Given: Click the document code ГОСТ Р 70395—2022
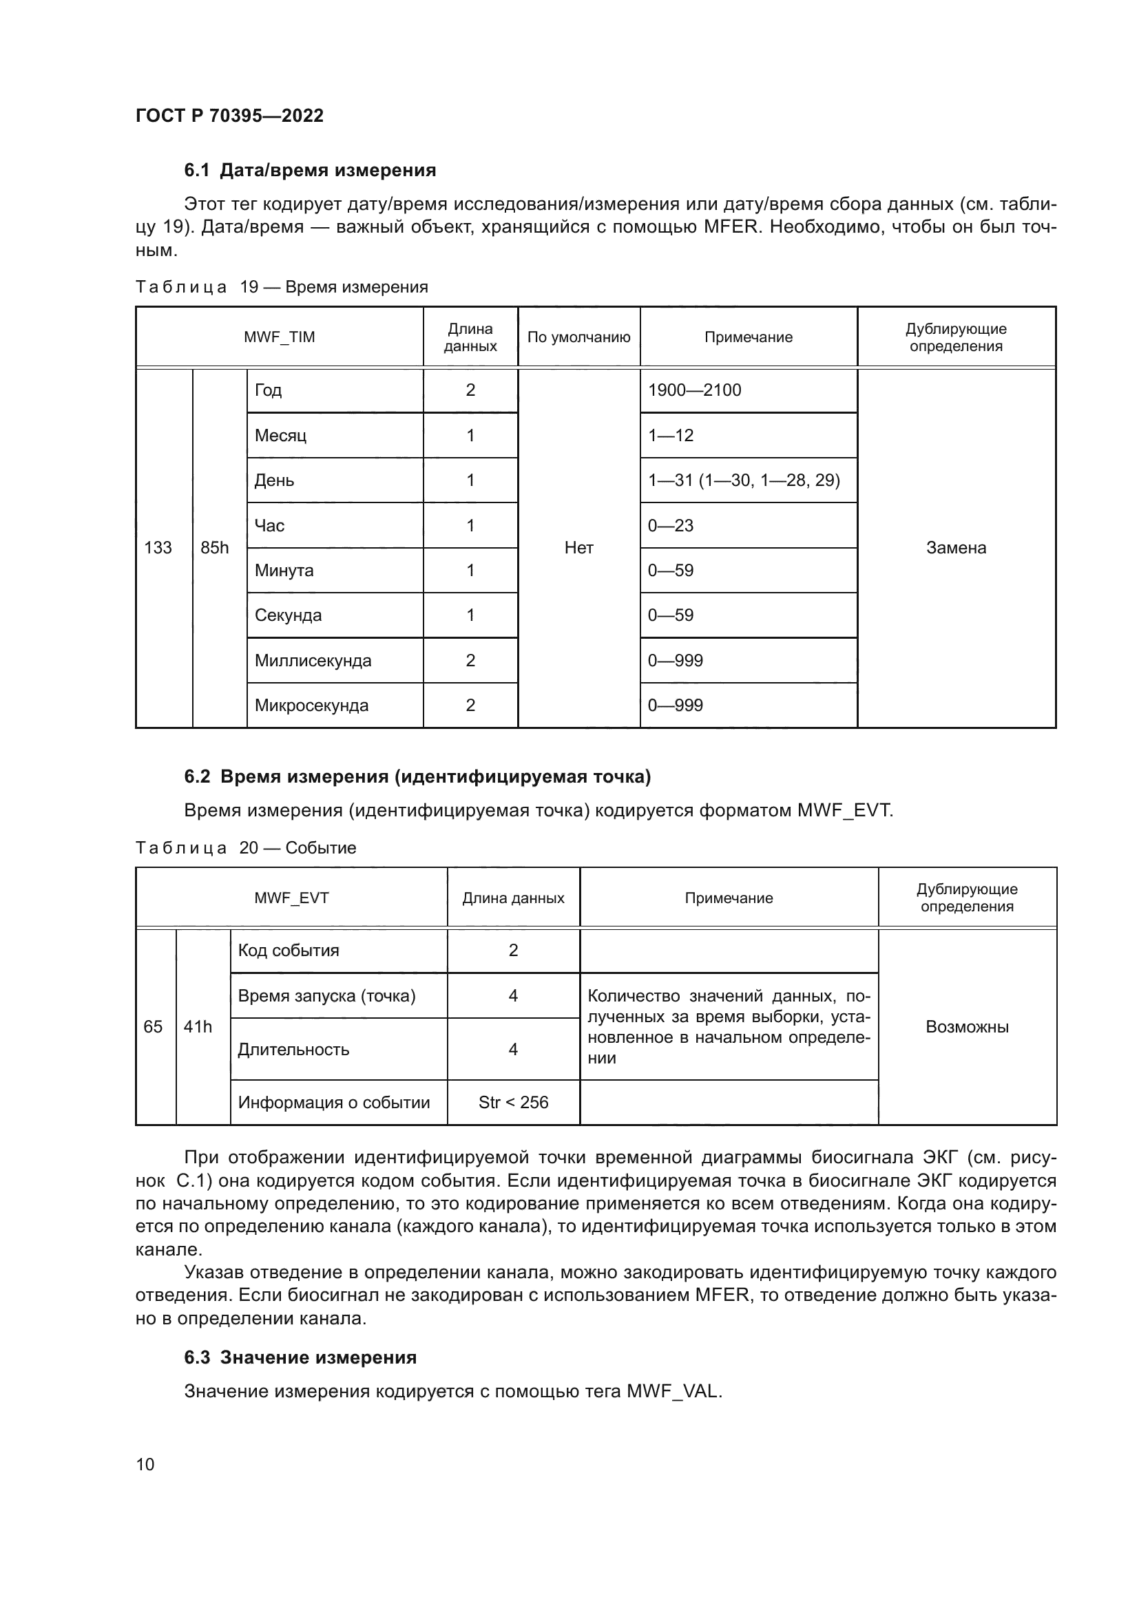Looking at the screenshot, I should (x=229, y=116).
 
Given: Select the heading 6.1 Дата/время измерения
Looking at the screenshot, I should (x=309, y=171).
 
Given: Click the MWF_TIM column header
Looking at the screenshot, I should (x=279, y=337).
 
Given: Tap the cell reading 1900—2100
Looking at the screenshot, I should (x=694, y=390).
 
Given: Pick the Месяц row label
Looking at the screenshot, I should (x=280, y=436).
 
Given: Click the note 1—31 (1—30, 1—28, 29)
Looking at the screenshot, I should (x=744, y=480).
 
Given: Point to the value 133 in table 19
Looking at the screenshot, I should (x=158, y=548).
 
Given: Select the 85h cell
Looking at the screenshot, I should (x=215, y=548).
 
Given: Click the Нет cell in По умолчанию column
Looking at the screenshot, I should (x=578, y=548).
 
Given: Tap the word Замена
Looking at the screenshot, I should (x=955, y=548).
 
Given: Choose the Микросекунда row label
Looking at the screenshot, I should (x=311, y=706).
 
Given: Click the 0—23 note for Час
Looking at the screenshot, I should (x=671, y=525).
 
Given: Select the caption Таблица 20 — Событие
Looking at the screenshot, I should (x=245, y=848).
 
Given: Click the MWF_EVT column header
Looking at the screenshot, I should (x=291, y=898).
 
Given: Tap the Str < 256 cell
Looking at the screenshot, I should (x=514, y=1102).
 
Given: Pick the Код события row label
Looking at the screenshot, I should (x=289, y=951).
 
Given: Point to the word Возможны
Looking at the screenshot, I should (x=966, y=1027).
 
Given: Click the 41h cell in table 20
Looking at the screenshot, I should (x=198, y=1027).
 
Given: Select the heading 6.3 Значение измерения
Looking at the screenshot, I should (x=300, y=1357).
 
